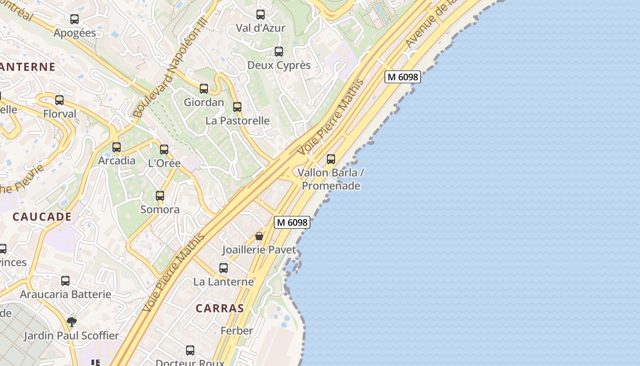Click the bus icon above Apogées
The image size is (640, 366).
[75, 19]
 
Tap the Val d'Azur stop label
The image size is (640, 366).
[261, 28]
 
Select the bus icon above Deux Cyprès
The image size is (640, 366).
[279, 52]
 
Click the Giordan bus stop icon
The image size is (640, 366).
[204, 89]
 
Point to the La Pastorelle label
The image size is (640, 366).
[238, 121]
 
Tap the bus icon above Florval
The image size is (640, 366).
[59, 100]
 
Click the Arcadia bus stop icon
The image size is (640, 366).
[117, 147]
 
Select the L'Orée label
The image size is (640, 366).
[165, 163]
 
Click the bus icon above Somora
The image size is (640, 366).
[160, 196]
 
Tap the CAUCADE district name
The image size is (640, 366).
[42, 217]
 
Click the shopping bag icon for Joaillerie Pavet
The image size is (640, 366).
[259, 236]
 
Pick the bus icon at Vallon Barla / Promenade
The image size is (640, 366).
[331, 159]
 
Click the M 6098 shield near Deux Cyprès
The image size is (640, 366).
[402, 77]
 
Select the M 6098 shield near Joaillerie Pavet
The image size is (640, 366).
[293, 222]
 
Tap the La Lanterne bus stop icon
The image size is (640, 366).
[224, 268]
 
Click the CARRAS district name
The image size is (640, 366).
[220, 308]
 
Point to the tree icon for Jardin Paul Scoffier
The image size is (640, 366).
[71, 322]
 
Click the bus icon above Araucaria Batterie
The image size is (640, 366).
[65, 281]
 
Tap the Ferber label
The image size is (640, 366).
[237, 331]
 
